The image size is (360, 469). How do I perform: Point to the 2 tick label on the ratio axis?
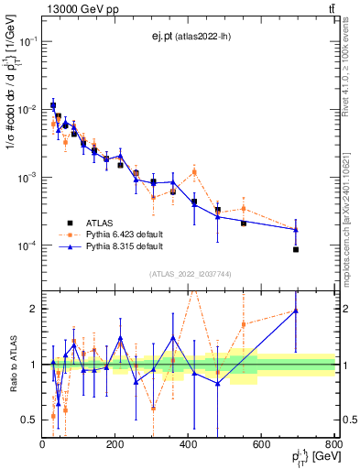(34, 309)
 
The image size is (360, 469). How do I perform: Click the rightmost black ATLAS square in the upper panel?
(296, 249)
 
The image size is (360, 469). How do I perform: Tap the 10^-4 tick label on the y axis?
(27, 245)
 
